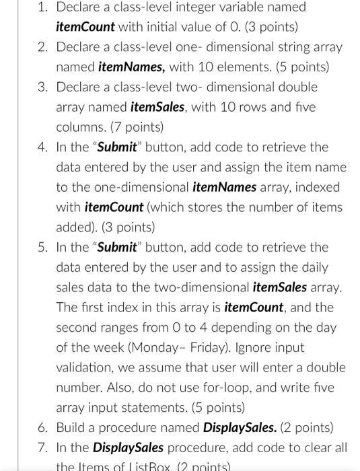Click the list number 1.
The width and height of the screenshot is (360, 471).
click(42, 8)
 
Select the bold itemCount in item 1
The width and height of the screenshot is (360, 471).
click(85, 28)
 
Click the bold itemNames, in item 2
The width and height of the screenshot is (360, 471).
click(133, 67)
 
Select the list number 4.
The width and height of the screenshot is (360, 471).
click(42, 147)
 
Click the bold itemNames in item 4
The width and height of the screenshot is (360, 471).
click(225, 187)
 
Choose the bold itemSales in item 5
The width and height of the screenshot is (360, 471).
click(279, 287)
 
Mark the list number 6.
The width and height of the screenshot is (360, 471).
click(42, 427)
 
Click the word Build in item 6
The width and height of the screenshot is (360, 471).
click(72, 427)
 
